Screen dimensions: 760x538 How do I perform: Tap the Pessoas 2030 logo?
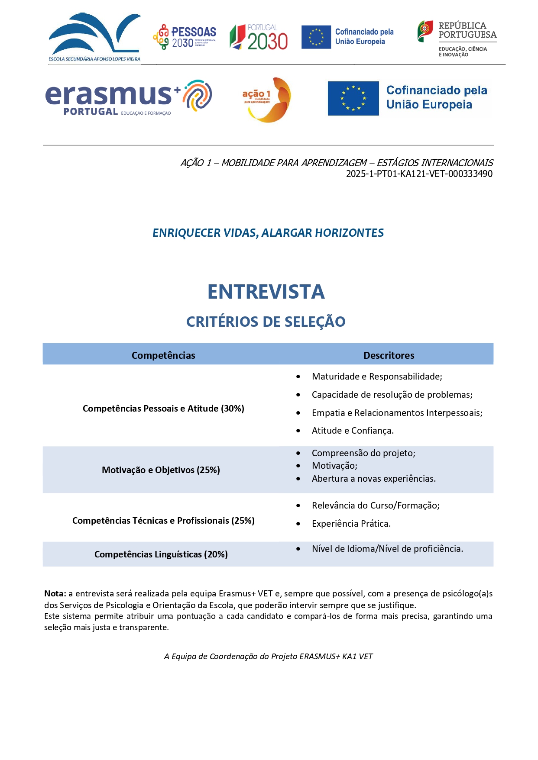click(x=185, y=37)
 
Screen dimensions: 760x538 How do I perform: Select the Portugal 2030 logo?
click(x=259, y=37)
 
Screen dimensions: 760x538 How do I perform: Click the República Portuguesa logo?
click(x=457, y=39)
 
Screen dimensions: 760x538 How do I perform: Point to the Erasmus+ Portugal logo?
click(x=129, y=97)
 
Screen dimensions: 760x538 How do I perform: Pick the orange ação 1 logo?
click(x=267, y=100)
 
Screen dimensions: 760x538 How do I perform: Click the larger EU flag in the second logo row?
click(x=353, y=98)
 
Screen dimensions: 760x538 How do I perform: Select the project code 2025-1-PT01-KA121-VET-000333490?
click(x=419, y=174)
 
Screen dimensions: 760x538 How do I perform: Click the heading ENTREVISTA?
click(x=266, y=292)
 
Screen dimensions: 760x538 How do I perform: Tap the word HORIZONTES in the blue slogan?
click(x=349, y=233)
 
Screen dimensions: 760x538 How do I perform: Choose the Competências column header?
click(x=163, y=355)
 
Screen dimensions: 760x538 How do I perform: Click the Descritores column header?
click(x=389, y=355)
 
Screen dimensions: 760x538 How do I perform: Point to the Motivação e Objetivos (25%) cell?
click(x=161, y=470)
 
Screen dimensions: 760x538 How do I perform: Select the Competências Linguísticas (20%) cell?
click(x=161, y=554)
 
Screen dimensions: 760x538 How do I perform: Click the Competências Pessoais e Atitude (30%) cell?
click(x=163, y=409)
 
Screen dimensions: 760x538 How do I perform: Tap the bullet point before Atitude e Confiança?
click(x=298, y=431)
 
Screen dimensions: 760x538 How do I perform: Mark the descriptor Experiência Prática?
click(x=351, y=524)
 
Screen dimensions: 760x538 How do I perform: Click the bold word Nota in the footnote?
click(x=55, y=594)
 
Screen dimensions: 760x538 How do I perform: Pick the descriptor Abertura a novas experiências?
click(x=373, y=479)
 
